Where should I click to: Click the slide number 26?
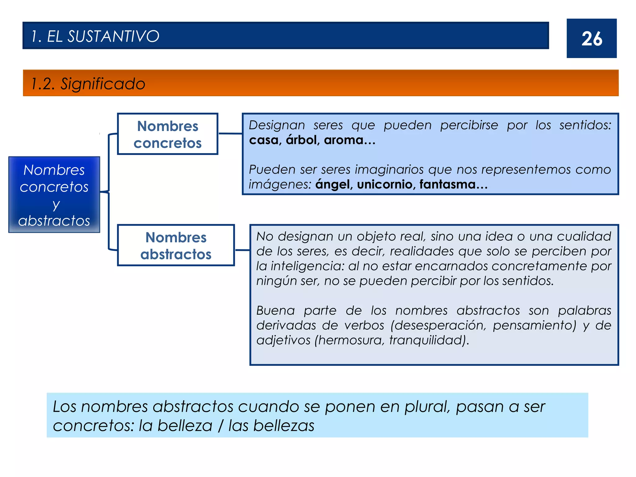click(592, 39)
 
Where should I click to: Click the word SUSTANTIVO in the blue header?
click(113, 36)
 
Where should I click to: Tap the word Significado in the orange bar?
click(103, 84)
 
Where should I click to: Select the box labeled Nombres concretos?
click(168, 134)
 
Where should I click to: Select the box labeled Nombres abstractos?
click(176, 245)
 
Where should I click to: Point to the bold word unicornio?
click(384, 184)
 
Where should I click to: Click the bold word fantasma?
click(447, 184)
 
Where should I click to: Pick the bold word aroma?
click(343, 140)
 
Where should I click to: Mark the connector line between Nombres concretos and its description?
click(230, 134)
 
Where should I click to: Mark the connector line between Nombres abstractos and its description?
click(242, 250)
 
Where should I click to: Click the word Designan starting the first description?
click(277, 125)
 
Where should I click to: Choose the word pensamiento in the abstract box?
click(534, 325)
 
